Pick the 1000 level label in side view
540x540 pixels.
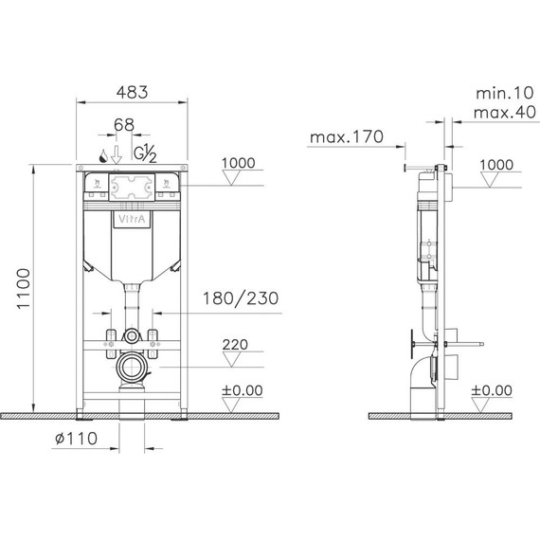[x=495, y=163]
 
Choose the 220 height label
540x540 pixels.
[x=237, y=345]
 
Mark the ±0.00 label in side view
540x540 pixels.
[x=492, y=389]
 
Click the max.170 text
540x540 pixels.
[x=345, y=137]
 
